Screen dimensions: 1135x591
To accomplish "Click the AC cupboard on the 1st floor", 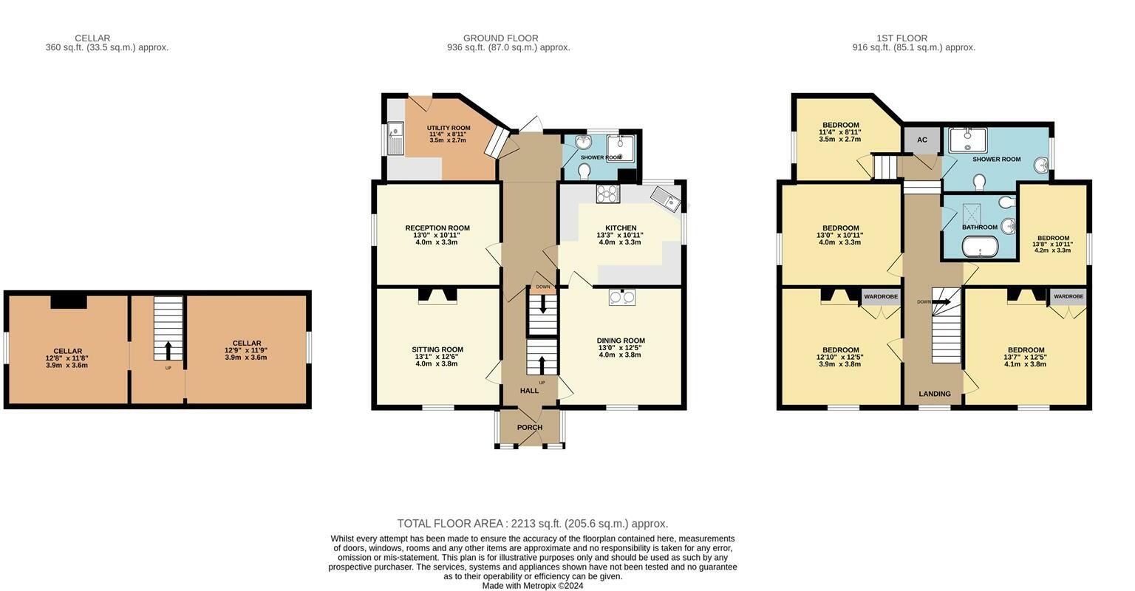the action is pyautogui.click(x=922, y=140).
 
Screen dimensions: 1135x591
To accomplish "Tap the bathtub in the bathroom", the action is pyautogui.click(x=980, y=247).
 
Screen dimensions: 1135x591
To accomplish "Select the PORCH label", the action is pyautogui.click(x=530, y=428).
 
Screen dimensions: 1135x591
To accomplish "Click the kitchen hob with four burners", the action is pyautogui.click(x=608, y=194).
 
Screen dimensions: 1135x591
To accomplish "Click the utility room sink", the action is pyautogui.click(x=395, y=137).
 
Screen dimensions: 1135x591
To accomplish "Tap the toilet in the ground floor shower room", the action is pyautogui.click(x=584, y=171).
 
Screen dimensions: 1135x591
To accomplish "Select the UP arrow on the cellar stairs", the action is pyautogui.click(x=168, y=350).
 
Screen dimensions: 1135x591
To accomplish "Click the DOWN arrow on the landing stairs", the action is pyautogui.click(x=941, y=302).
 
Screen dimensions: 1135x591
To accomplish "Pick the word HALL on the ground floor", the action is pyautogui.click(x=529, y=391).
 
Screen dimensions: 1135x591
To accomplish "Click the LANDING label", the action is pyautogui.click(x=935, y=394).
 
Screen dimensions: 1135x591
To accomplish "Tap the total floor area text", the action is pyautogui.click(x=533, y=524).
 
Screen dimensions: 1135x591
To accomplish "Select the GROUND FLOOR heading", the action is pyautogui.click(x=500, y=38).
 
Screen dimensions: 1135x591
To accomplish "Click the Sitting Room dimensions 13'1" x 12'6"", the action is pyautogui.click(x=437, y=357).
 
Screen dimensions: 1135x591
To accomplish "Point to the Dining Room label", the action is pyautogui.click(x=621, y=341).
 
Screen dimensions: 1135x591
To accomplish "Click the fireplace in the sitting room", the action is pyautogui.click(x=437, y=295).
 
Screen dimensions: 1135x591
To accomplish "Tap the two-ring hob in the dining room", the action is pyautogui.click(x=622, y=297).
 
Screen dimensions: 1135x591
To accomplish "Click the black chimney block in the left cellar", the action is pyautogui.click(x=69, y=302).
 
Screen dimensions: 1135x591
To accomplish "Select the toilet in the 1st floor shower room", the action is pyautogui.click(x=979, y=182).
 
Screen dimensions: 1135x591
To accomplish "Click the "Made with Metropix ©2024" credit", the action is pyautogui.click(x=533, y=586).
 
